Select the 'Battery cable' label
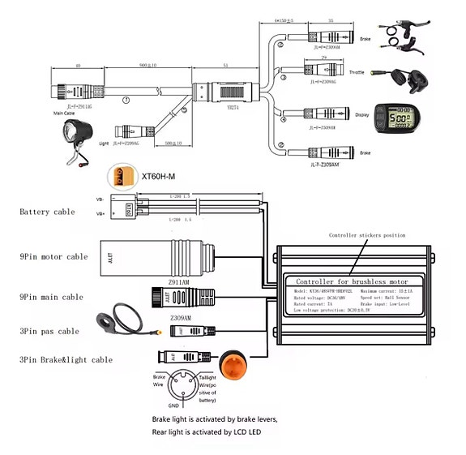pyautogui.click(x=47, y=212)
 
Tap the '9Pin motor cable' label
pyautogui.click(x=53, y=256)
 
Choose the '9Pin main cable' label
pyautogui.click(x=51, y=297)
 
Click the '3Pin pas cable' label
pyautogui.click(x=49, y=331)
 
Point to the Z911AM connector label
pyautogui.click(x=178, y=283)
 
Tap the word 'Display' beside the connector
pyautogui.click(x=361, y=115)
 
